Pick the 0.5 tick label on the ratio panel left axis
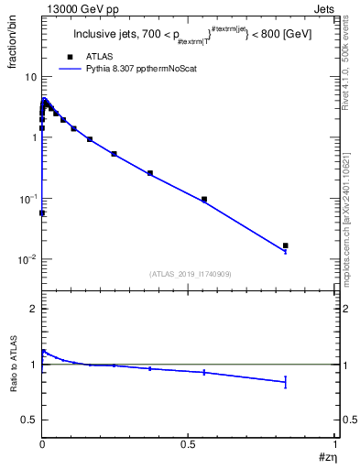pos(28,420)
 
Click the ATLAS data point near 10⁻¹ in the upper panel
pos(204,199)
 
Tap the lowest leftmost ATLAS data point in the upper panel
pos(42,213)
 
